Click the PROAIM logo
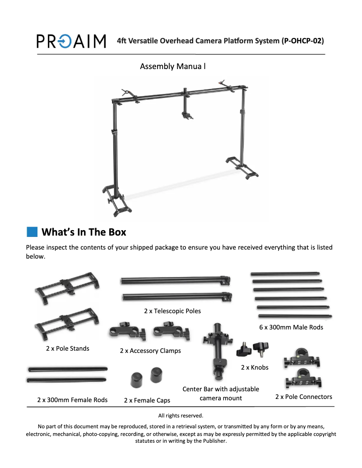point(71,41)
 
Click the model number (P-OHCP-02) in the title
point(302,41)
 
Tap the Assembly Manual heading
point(173,66)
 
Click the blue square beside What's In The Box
point(32,232)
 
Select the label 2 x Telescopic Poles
point(172,311)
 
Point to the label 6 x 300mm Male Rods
point(291,327)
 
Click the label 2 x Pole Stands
point(68,348)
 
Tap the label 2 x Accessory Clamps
point(150,351)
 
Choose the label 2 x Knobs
point(255,367)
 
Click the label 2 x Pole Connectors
point(304,397)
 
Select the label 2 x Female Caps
point(147,400)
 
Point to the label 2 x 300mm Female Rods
point(73,400)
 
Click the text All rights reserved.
point(181,416)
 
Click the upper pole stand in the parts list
point(67,288)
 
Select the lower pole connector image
point(303,379)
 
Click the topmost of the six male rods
point(285,273)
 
